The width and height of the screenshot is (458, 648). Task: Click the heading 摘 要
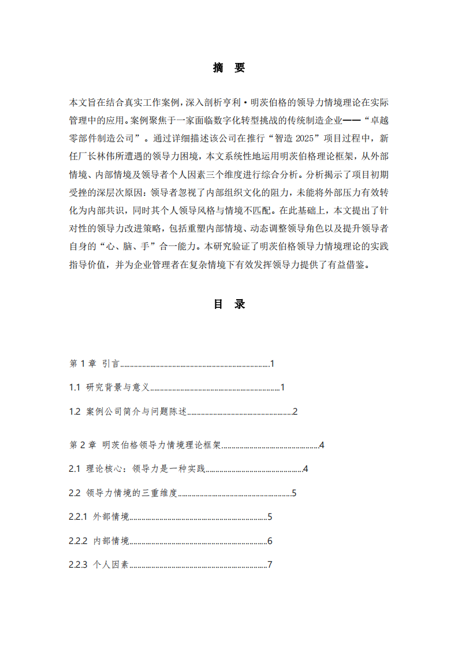[x=229, y=68]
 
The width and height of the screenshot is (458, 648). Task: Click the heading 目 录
[x=229, y=304]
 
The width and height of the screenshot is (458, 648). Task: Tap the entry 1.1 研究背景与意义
[x=109, y=388]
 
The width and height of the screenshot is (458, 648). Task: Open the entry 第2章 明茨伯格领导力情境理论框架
[x=145, y=445]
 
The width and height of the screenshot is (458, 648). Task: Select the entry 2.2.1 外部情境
[x=99, y=517]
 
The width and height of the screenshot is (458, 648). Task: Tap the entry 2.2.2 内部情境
[x=99, y=541]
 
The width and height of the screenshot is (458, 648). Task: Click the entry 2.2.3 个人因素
[x=99, y=565]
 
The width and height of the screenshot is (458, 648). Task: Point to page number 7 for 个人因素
[x=270, y=565]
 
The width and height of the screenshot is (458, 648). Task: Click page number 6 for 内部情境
[x=270, y=541]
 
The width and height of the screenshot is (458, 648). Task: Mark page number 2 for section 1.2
[x=295, y=412]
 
